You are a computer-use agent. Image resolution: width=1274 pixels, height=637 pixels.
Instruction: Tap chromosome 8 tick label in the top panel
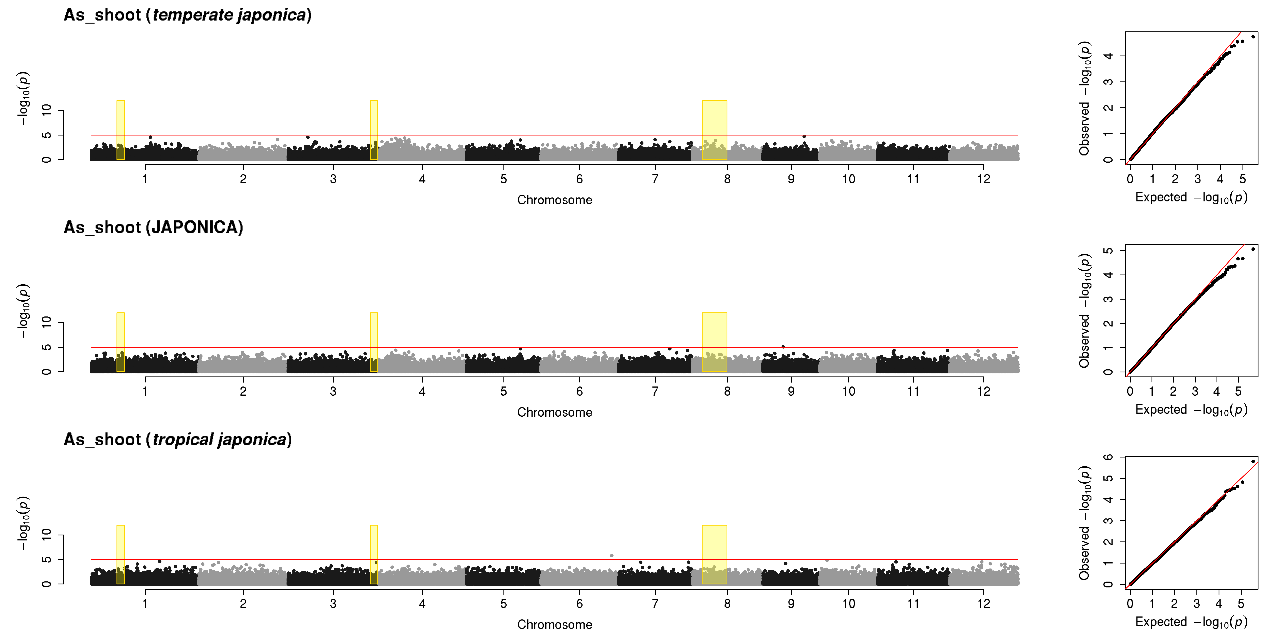727,179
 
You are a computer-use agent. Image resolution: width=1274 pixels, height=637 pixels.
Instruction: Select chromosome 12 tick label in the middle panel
984,391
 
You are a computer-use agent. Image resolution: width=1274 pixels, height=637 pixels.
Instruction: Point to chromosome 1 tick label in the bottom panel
145,603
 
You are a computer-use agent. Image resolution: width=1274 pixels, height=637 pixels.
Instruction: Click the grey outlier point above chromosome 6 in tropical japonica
612,555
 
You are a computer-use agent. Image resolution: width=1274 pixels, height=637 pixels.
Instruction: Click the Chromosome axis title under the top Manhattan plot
554,200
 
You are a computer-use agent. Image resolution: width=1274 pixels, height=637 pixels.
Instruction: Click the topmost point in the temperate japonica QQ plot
1253,37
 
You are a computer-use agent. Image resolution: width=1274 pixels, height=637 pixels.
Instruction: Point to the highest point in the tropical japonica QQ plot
1253,461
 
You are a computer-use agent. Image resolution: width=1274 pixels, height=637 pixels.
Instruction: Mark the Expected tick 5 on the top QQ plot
1242,179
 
